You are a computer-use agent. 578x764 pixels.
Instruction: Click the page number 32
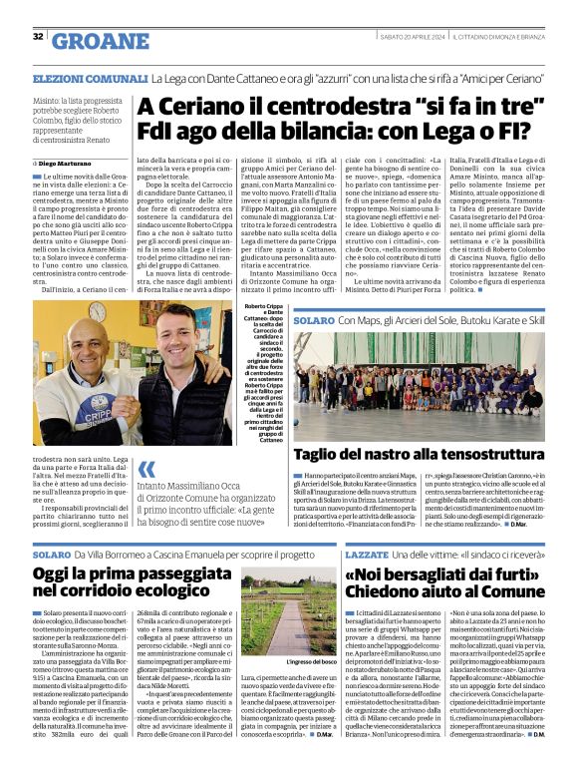click(x=38, y=37)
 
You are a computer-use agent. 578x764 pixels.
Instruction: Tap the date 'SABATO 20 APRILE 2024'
click(x=411, y=37)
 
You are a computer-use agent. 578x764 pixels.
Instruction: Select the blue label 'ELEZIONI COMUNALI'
click(x=90, y=78)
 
